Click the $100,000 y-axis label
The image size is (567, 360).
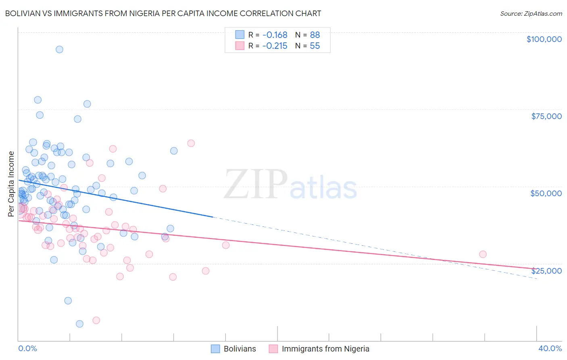pyautogui.click(x=544, y=39)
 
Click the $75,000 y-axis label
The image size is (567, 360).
pyautogui.click(x=546, y=116)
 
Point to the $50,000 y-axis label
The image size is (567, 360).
pyautogui.click(x=546, y=193)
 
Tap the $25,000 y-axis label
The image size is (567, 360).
pyautogui.click(x=546, y=270)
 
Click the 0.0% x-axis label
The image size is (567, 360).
pyautogui.click(x=27, y=348)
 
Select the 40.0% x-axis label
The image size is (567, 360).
pyautogui.click(x=550, y=348)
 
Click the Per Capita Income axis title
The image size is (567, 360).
pyautogui.click(x=11, y=184)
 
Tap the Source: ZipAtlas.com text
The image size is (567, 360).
pyautogui.click(x=531, y=13)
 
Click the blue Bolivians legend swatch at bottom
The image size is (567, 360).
pyautogui.click(x=216, y=349)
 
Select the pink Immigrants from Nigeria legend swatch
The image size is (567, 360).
pyautogui.click(x=273, y=349)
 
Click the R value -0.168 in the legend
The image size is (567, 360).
pyautogui.click(x=275, y=35)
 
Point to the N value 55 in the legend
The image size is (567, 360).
pyautogui.click(x=315, y=46)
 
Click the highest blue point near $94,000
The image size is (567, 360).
pyautogui.click(x=59, y=49)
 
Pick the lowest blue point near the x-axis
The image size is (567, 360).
pyautogui.click(x=79, y=324)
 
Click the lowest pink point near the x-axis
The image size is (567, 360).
pyautogui.click(x=96, y=320)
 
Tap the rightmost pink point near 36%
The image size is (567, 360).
pyautogui.click(x=483, y=254)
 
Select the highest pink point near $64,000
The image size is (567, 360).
pyautogui.click(x=191, y=143)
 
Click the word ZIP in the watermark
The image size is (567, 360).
pyautogui.click(x=255, y=184)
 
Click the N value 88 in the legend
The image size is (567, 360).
pyautogui.click(x=315, y=35)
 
